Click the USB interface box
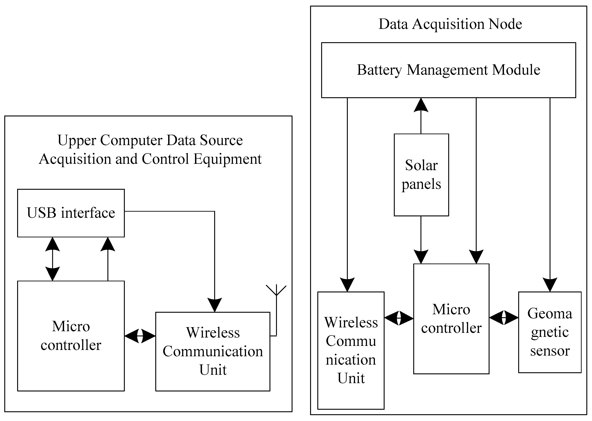pyautogui.click(x=71, y=213)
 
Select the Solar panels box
pyautogui.click(x=421, y=175)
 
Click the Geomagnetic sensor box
pyautogui.click(x=550, y=332)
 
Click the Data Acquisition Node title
pyautogui.click(x=450, y=24)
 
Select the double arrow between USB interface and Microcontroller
pyautogui.click(x=53, y=259)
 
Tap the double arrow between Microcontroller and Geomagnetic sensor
pyautogui.click(x=504, y=318)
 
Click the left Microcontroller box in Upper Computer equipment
pyautogui.click(x=71, y=336)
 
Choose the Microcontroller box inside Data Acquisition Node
pyautogui.click(x=451, y=319)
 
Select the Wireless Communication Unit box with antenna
pyautogui.click(x=213, y=351)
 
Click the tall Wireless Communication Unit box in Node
pyautogui.click(x=351, y=350)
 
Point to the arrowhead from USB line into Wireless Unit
pyautogui.click(x=215, y=305)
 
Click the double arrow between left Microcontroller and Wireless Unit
pyautogui.click(x=140, y=336)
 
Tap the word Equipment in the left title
pyautogui.click(x=228, y=159)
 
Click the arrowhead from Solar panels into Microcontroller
pyautogui.click(x=421, y=257)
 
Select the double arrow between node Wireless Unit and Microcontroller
pyautogui.click(x=399, y=318)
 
